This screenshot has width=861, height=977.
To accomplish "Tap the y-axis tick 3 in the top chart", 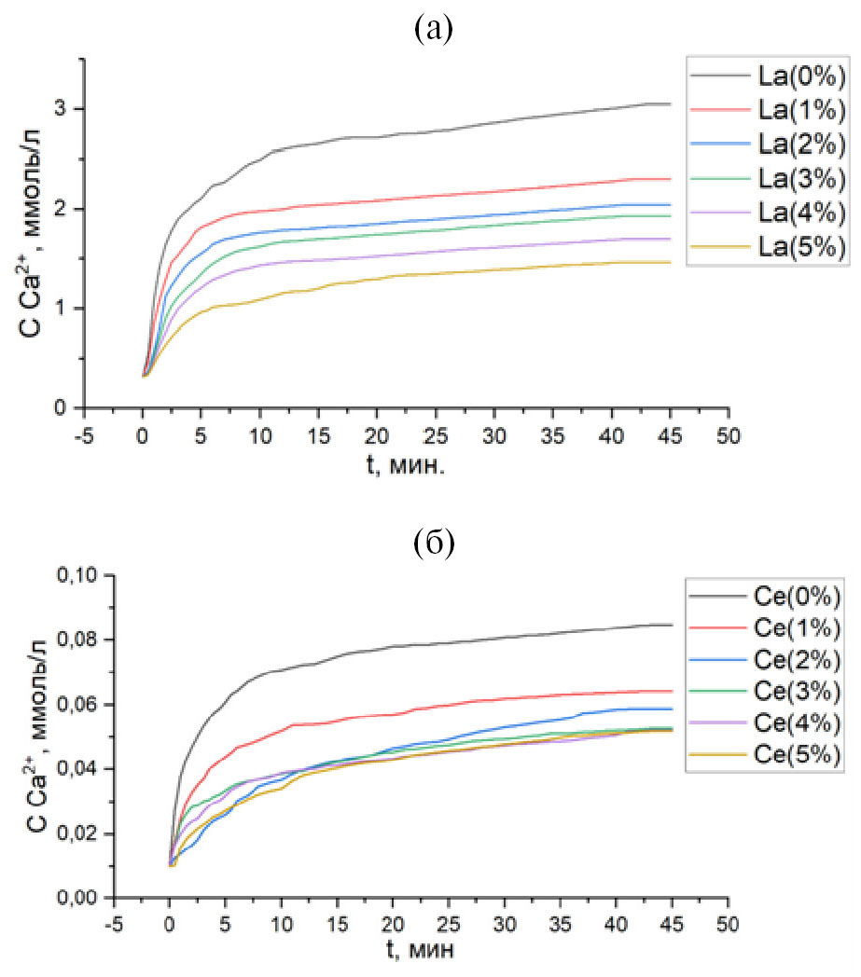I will click(x=63, y=109).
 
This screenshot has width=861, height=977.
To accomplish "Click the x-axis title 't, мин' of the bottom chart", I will click(x=418, y=953).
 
